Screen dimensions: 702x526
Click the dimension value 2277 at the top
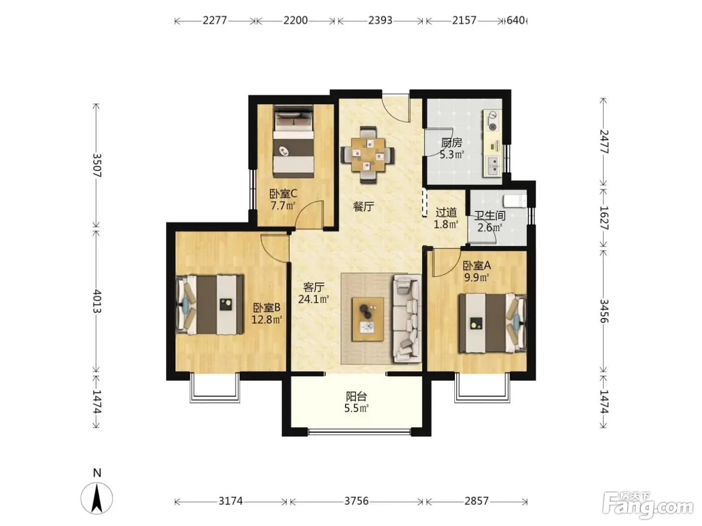[x=215, y=21]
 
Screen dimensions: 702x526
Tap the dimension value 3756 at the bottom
[x=357, y=501]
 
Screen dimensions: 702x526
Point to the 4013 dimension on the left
[x=97, y=302]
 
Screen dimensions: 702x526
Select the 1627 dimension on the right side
[x=603, y=218]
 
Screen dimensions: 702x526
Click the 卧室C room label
[x=283, y=193]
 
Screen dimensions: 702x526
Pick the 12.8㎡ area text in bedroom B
[x=267, y=319]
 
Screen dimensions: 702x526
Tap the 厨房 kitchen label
[x=452, y=142]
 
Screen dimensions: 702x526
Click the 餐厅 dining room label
[x=364, y=206]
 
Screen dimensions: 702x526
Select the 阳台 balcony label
[x=357, y=397]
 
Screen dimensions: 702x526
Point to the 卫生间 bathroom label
[x=489, y=215]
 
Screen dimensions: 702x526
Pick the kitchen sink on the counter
[x=493, y=166]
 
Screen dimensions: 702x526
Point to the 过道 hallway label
[x=446, y=212]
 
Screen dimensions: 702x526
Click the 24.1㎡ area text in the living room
[x=313, y=299]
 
